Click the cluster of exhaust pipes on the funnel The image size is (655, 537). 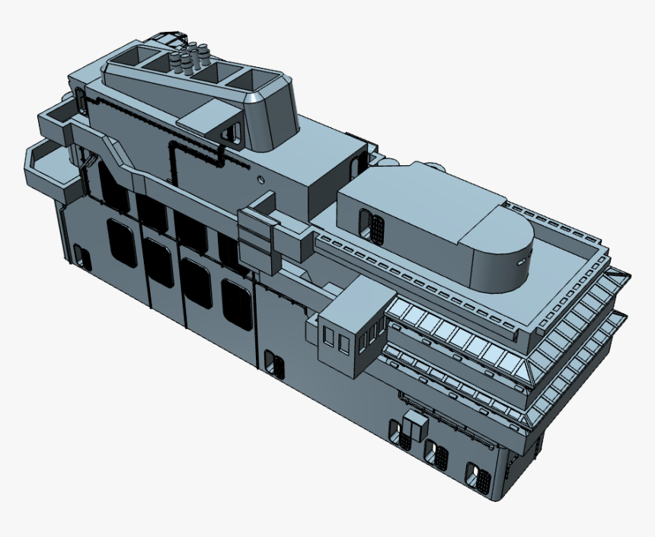tap(190, 58)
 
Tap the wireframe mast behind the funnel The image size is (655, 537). tap(168, 37)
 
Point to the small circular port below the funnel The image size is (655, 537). tap(261, 180)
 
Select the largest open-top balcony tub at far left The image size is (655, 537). tap(51, 166)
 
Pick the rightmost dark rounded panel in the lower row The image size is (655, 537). tap(237, 303)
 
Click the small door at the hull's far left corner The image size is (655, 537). tap(84, 260)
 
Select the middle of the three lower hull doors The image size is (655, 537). tap(436, 455)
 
